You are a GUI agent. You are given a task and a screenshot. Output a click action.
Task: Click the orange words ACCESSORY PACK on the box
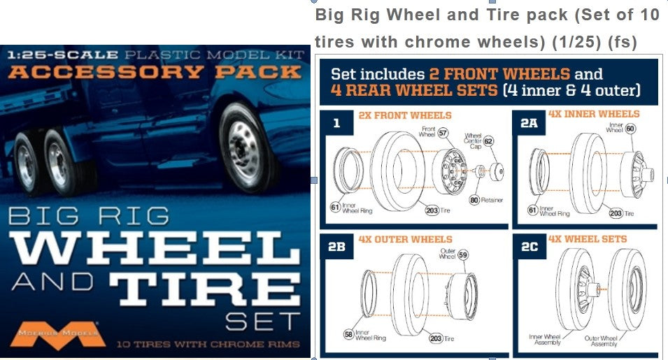(155, 72)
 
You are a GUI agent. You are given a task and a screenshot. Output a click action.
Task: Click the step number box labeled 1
(337, 124)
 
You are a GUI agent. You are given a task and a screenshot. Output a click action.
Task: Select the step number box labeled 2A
(529, 123)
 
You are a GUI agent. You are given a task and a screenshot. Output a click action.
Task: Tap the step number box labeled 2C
(530, 247)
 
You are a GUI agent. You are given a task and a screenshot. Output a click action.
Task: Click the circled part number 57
(443, 132)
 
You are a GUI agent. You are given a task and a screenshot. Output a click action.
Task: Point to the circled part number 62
(489, 141)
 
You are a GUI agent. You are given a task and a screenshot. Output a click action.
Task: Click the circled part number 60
(630, 129)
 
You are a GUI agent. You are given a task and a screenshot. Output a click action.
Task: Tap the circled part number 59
(463, 256)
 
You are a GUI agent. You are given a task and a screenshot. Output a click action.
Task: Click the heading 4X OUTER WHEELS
(405, 239)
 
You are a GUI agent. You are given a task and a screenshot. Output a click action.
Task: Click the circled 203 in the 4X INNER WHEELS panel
(616, 214)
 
